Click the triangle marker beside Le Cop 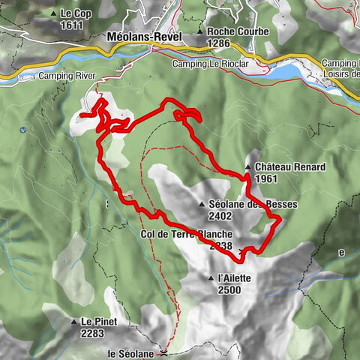[x=53, y=13]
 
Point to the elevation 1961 [x=266, y=179]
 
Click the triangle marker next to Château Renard [x=247, y=166]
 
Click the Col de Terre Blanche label [x=185, y=234]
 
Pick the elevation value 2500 [x=229, y=289]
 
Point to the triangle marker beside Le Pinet [x=74, y=322]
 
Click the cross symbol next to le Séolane [x=163, y=352]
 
